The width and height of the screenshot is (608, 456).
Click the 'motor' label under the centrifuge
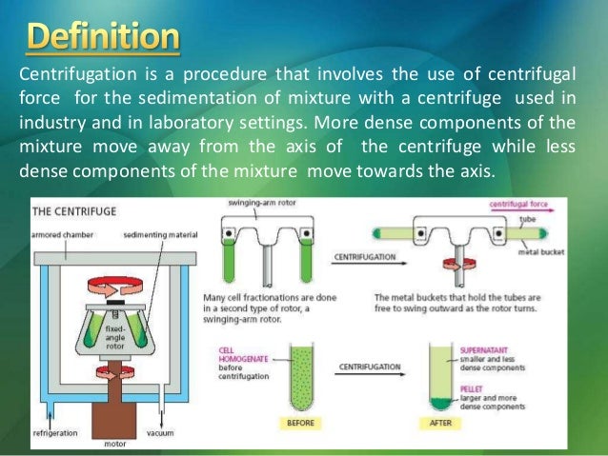[114, 444]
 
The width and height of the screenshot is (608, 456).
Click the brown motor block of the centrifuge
[113, 409]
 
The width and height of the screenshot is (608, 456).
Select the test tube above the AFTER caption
[439, 376]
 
